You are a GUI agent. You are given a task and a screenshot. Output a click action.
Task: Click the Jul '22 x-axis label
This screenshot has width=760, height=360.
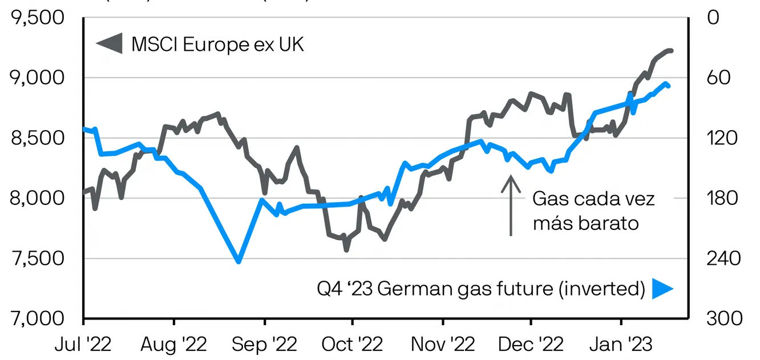83,345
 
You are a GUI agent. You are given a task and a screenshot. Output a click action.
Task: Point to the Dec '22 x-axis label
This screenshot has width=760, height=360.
531,345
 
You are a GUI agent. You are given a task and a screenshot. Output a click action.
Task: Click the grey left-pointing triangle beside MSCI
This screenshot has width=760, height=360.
109,45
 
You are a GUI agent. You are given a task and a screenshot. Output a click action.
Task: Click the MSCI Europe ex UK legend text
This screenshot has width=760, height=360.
218,45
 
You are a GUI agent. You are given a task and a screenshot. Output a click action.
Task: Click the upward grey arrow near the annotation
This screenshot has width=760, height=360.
511,205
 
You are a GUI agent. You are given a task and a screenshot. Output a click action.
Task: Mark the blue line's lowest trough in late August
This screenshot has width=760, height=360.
238,262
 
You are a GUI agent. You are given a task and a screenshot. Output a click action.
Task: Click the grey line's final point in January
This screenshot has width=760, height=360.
672,51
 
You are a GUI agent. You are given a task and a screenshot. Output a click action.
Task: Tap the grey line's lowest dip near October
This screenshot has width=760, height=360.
346,249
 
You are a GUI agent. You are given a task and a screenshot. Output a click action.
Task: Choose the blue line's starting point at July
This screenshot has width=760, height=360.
84,129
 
